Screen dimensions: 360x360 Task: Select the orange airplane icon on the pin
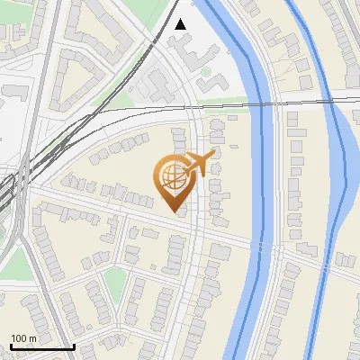pyautogui.click(x=196, y=164)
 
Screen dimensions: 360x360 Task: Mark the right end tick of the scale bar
pyautogui.click(x=74, y=346)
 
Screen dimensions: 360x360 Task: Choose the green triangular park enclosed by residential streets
pyautogui.click(x=113, y=283)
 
